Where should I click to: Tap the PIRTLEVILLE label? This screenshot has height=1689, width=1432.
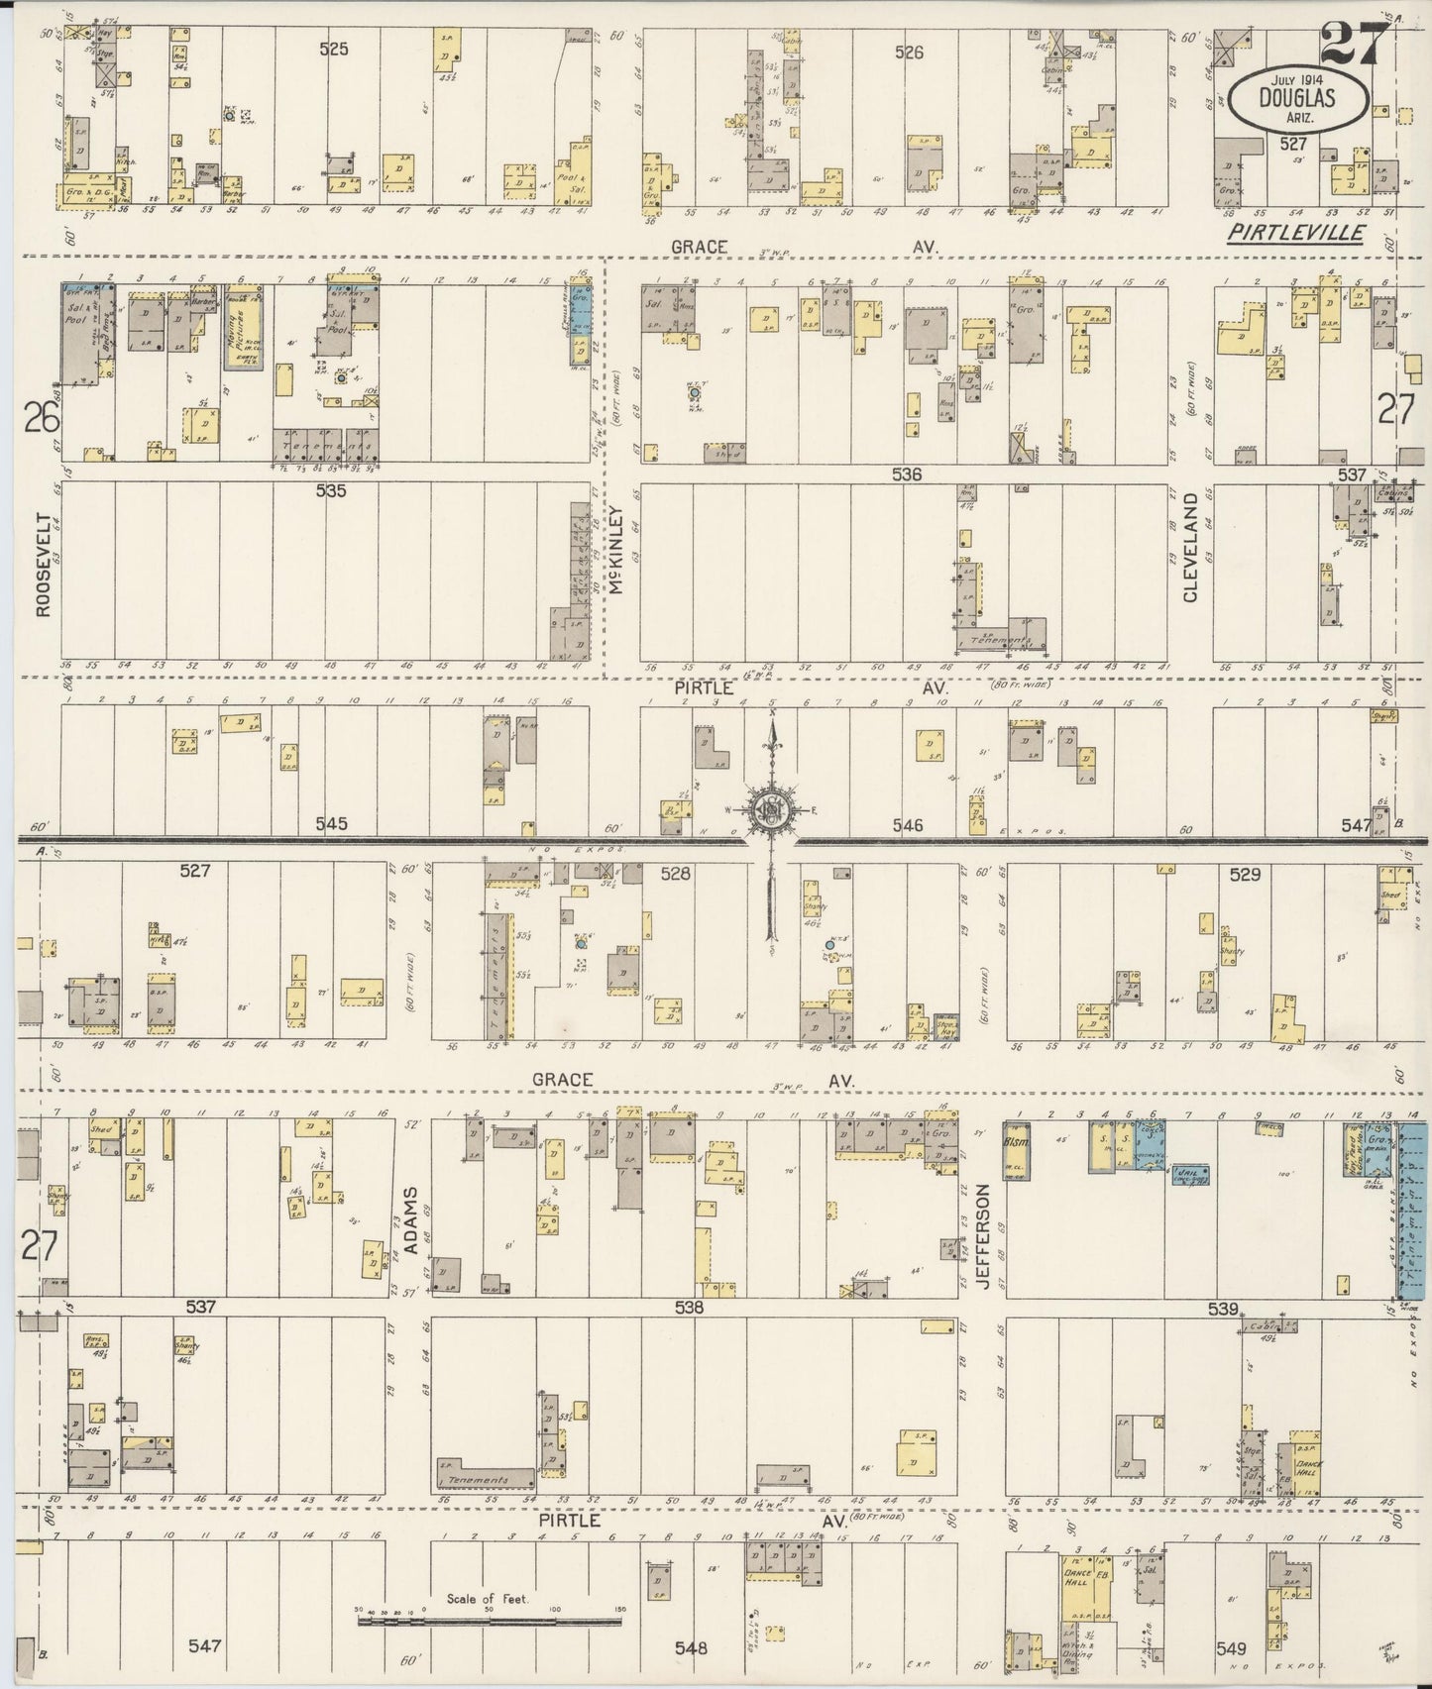(x=1294, y=233)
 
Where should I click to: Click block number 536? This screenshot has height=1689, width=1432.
(x=906, y=475)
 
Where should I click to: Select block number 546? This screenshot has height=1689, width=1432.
(x=906, y=824)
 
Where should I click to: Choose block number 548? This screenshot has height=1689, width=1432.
(x=691, y=1647)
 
